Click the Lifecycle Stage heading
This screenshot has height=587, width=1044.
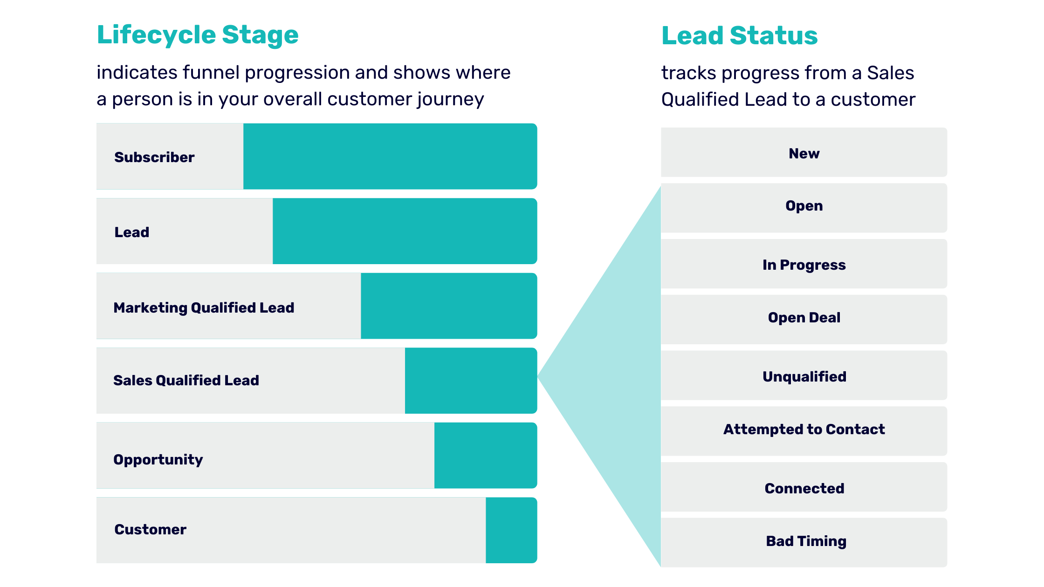point(198,35)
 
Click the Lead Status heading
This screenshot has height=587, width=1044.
point(739,36)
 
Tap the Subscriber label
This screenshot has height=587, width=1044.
point(154,157)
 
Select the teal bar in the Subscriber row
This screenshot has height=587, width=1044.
point(390,157)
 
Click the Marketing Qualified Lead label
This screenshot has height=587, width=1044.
point(204,308)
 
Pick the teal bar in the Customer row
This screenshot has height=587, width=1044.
point(511,530)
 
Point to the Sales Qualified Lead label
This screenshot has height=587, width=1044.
point(186,381)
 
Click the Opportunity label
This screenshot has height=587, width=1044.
point(158,460)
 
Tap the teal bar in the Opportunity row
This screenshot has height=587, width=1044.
point(485,456)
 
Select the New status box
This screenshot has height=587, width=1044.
point(804,153)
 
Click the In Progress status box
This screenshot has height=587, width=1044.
point(804,264)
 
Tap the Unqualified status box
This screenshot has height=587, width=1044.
point(804,375)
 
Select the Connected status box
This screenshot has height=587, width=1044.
point(804,487)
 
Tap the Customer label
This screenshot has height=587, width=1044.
point(150,530)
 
